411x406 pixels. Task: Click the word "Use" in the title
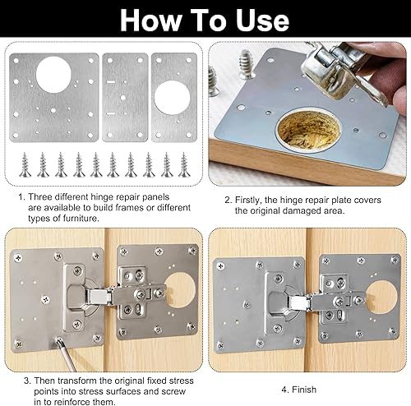pyautogui.click(x=262, y=21)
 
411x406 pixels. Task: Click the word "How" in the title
pyautogui.click(x=151, y=21)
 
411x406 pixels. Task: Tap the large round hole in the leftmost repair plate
pyautogui.click(x=53, y=75)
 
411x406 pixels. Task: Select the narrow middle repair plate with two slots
pyautogui.click(x=125, y=97)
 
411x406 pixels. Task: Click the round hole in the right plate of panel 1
pyautogui.click(x=172, y=98)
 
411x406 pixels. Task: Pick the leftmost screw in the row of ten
pyautogui.click(x=25, y=164)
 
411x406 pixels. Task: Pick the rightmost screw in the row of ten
pyautogui.click(x=184, y=164)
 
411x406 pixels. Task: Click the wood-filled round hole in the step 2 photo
pyautogui.click(x=309, y=131)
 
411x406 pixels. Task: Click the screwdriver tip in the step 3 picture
pyautogui.click(x=58, y=340)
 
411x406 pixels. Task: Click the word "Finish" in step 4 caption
pyautogui.click(x=304, y=390)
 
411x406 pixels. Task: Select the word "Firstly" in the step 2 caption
pyautogui.click(x=247, y=200)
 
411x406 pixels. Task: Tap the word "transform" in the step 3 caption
pyautogui.click(x=78, y=381)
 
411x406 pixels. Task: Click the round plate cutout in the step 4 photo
pyautogui.click(x=381, y=297)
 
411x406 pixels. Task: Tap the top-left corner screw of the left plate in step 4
pyautogui.click(x=220, y=265)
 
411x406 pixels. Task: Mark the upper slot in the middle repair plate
pyautogui.click(x=111, y=81)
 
